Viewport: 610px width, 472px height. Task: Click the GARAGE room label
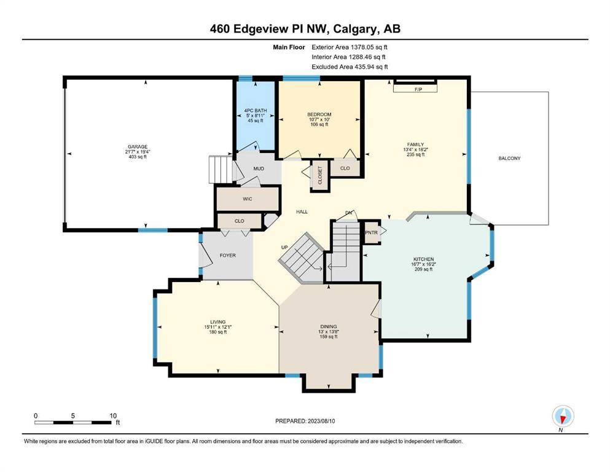tap(138, 147)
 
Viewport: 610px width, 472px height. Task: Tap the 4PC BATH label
tap(256, 111)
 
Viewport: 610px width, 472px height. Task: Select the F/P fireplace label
tap(418, 90)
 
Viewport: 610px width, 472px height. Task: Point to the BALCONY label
tap(509, 159)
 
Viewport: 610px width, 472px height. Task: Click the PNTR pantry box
tap(372, 233)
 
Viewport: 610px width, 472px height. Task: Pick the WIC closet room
tap(248, 199)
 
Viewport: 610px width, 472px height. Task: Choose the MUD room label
tap(259, 168)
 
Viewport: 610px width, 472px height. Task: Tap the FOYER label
tap(227, 255)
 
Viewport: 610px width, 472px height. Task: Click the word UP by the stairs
tap(284, 248)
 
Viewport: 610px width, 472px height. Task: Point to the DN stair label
tap(348, 213)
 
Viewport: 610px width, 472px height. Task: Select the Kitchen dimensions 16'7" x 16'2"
tap(423, 264)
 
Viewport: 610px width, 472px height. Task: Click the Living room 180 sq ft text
tap(218, 332)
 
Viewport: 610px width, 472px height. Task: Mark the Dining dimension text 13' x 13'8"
tap(328, 331)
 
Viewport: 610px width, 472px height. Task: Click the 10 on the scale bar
tap(113, 415)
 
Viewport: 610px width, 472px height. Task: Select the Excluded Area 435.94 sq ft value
tap(371, 66)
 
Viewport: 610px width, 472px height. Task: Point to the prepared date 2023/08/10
tap(321, 421)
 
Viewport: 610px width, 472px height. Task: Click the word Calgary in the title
tap(355, 29)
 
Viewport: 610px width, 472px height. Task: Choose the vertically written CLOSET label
tap(320, 175)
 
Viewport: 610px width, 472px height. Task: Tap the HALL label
tap(302, 211)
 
